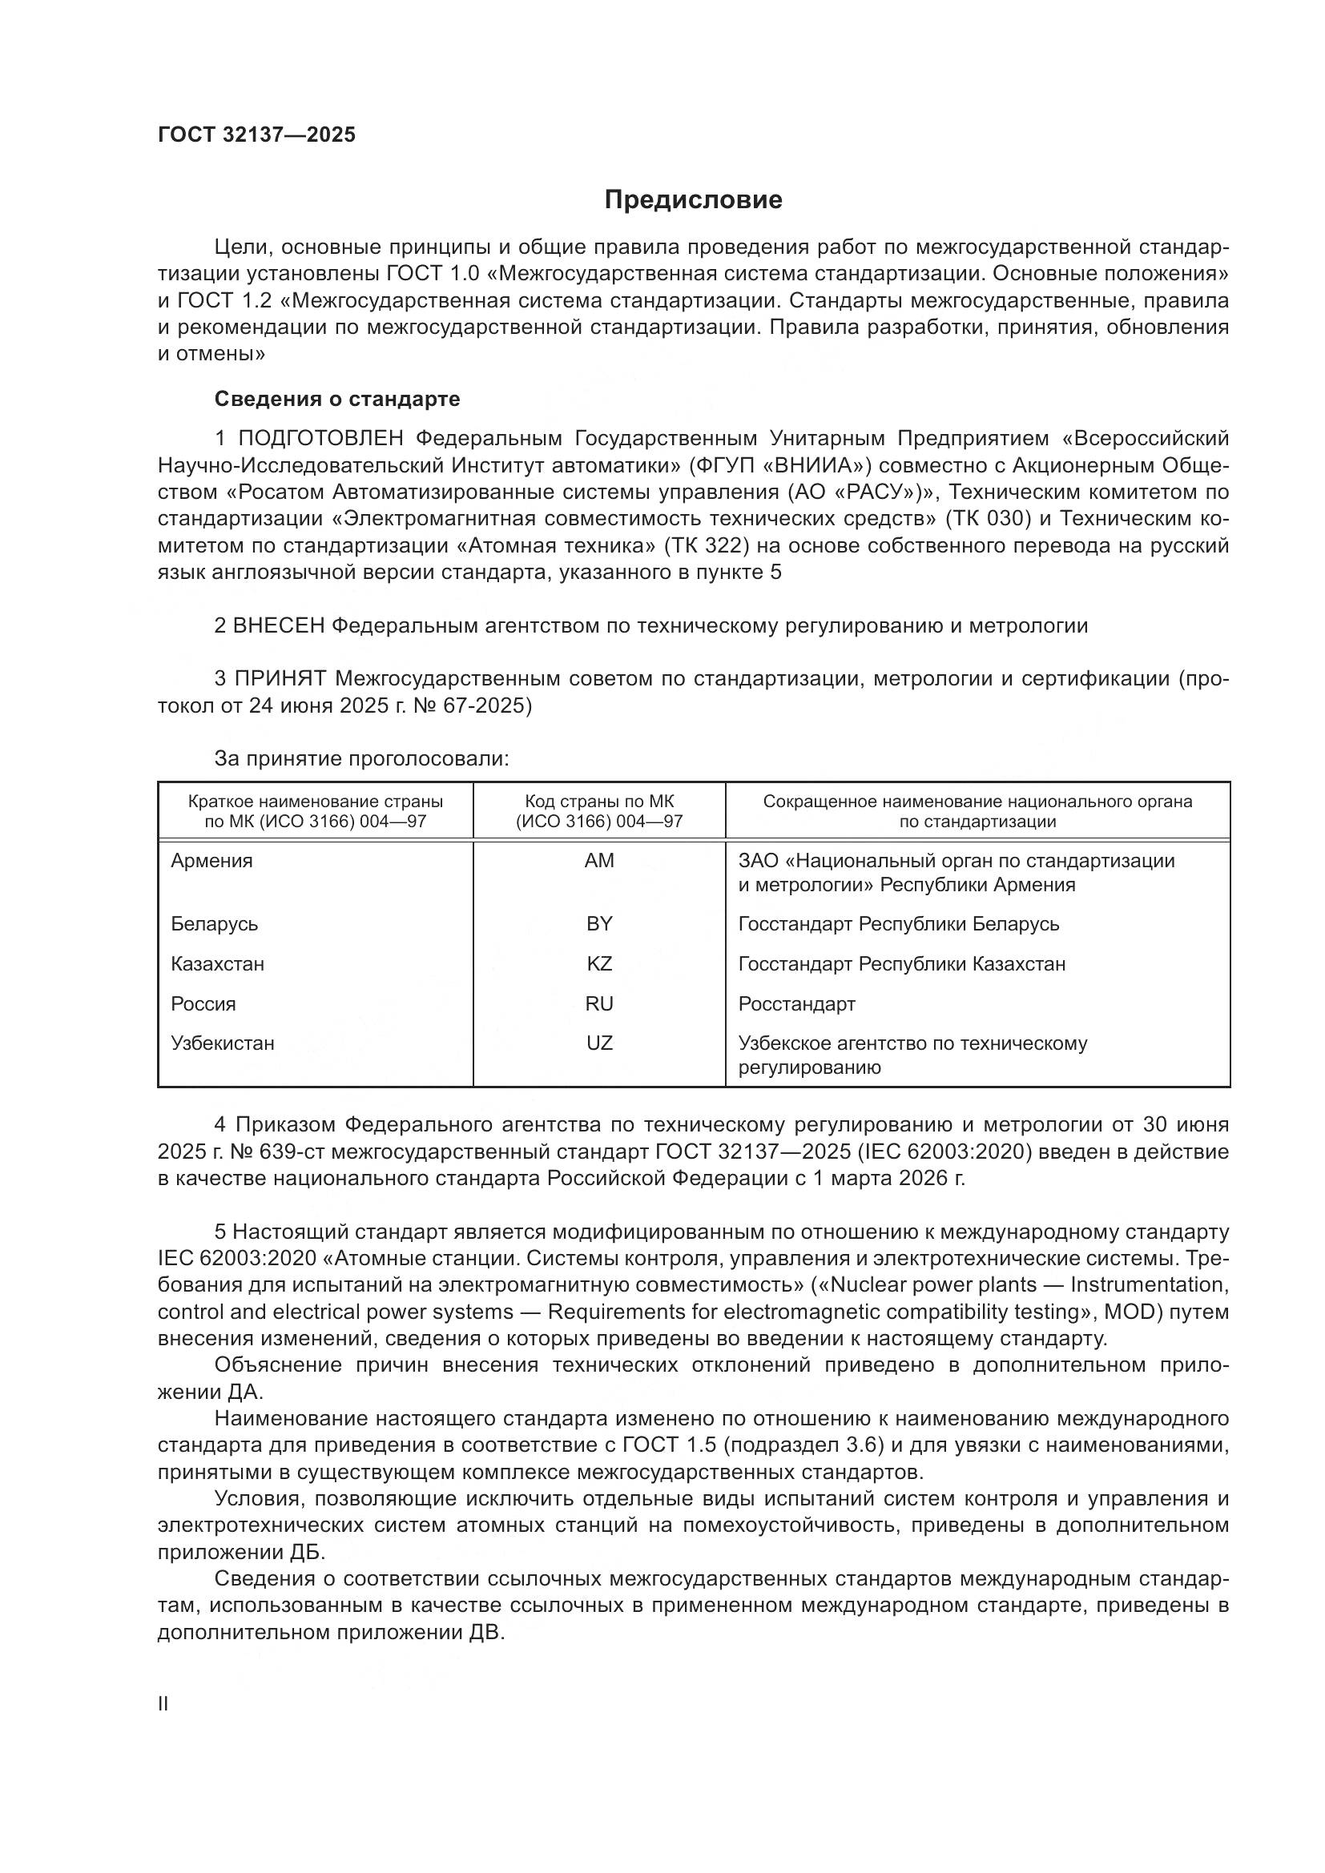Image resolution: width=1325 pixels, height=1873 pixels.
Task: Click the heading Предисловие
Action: coord(693,200)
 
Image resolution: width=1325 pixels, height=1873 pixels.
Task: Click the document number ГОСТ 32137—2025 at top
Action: coord(256,135)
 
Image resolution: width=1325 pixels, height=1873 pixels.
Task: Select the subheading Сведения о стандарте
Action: coord(337,399)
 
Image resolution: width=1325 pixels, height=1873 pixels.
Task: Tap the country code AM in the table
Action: coord(599,861)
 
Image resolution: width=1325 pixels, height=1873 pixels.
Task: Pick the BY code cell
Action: coord(599,923)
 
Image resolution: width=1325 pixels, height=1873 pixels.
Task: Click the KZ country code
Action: coord(599,963)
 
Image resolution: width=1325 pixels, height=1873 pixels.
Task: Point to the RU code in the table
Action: coord(599,1003)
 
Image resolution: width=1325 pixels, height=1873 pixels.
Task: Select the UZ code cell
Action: coord(599,1043)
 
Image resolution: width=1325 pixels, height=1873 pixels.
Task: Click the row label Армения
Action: coord(212,861)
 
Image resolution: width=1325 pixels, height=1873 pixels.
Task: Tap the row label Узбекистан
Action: coord(223,1043)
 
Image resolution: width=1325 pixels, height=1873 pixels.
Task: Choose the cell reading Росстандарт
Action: coord(796,1003)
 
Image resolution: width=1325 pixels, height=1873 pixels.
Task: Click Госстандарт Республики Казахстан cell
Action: coord(901,963)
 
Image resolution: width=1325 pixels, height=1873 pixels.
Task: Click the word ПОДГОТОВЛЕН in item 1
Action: coord(320,439)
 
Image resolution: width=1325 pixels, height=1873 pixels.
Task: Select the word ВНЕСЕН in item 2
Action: coord(279,625)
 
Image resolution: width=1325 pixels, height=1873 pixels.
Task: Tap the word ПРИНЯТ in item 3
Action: coord(280,679)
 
